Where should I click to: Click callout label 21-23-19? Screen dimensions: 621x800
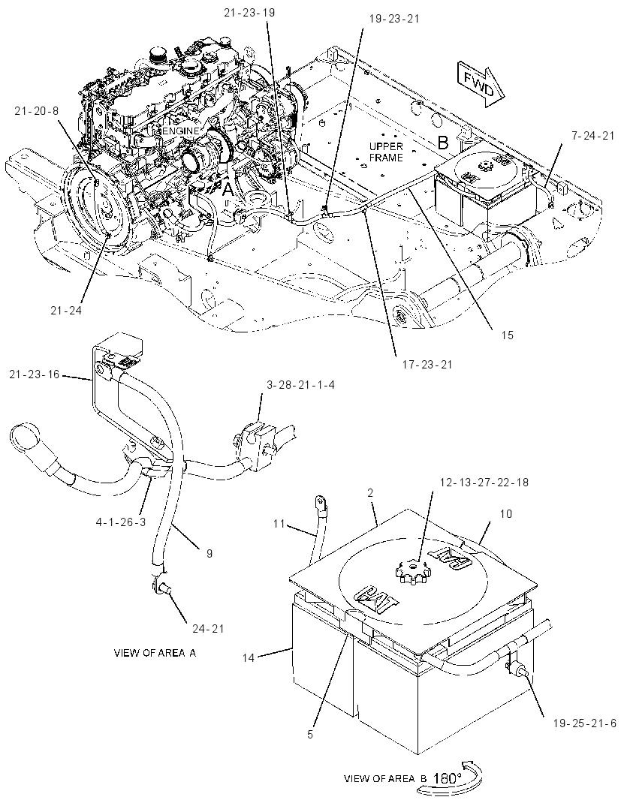click(249, 12)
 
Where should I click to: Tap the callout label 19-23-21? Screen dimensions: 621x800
click(393, 19)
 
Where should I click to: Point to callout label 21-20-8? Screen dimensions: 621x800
click(36, 110)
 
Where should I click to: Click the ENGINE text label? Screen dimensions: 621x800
click(180, 131)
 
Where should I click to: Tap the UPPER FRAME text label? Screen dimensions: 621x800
click(385, 152)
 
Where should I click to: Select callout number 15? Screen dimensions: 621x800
click(507, 335)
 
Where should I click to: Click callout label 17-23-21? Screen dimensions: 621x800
click(427, 365)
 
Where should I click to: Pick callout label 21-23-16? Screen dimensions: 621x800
click(35, 374)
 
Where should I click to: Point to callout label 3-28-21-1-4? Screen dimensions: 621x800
click(301, 385)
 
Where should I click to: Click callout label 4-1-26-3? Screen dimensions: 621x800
click(120, 522)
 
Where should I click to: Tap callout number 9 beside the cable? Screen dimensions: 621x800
click(210, 553)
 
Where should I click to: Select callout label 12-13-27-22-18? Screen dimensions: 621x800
click(484, 482)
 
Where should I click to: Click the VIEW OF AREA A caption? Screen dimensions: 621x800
click(155, 653)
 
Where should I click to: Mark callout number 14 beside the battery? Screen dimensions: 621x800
click(249, 657)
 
